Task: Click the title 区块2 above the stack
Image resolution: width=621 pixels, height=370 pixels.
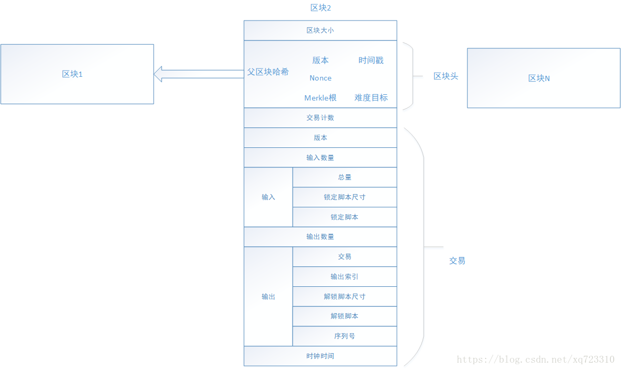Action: coord(320,8)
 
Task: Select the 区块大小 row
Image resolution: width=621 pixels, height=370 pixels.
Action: coord(320,31)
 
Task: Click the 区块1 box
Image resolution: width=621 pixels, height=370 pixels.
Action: coord(77,74)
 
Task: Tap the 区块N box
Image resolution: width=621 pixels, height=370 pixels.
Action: coord(543,78)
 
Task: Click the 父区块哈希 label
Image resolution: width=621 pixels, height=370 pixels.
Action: coord(268,72)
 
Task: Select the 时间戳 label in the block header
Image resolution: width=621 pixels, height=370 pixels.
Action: coord(371,61)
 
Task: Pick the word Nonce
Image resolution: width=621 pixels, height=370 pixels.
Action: coord(320,78)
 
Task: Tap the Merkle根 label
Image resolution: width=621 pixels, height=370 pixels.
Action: coord(320,98)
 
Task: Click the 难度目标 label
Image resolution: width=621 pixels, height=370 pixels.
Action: coord(371,98)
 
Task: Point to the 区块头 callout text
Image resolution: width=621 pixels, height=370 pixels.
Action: coord(446,76)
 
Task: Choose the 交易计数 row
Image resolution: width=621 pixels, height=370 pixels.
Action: coord(320,118)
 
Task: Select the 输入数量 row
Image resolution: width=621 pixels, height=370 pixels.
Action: coord(320,158)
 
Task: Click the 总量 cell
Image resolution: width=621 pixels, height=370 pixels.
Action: coord(345,177)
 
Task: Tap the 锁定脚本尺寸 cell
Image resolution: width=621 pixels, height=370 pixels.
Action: coord(345,197)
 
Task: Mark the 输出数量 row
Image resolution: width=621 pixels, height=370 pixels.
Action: coord(320,237)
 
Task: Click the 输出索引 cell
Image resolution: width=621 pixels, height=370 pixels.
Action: coord(345,277)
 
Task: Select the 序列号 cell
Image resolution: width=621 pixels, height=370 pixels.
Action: coord(345,336)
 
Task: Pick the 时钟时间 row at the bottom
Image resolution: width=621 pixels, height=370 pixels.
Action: coord(320,356)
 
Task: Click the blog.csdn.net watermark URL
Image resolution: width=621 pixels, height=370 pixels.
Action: coord(535,360)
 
